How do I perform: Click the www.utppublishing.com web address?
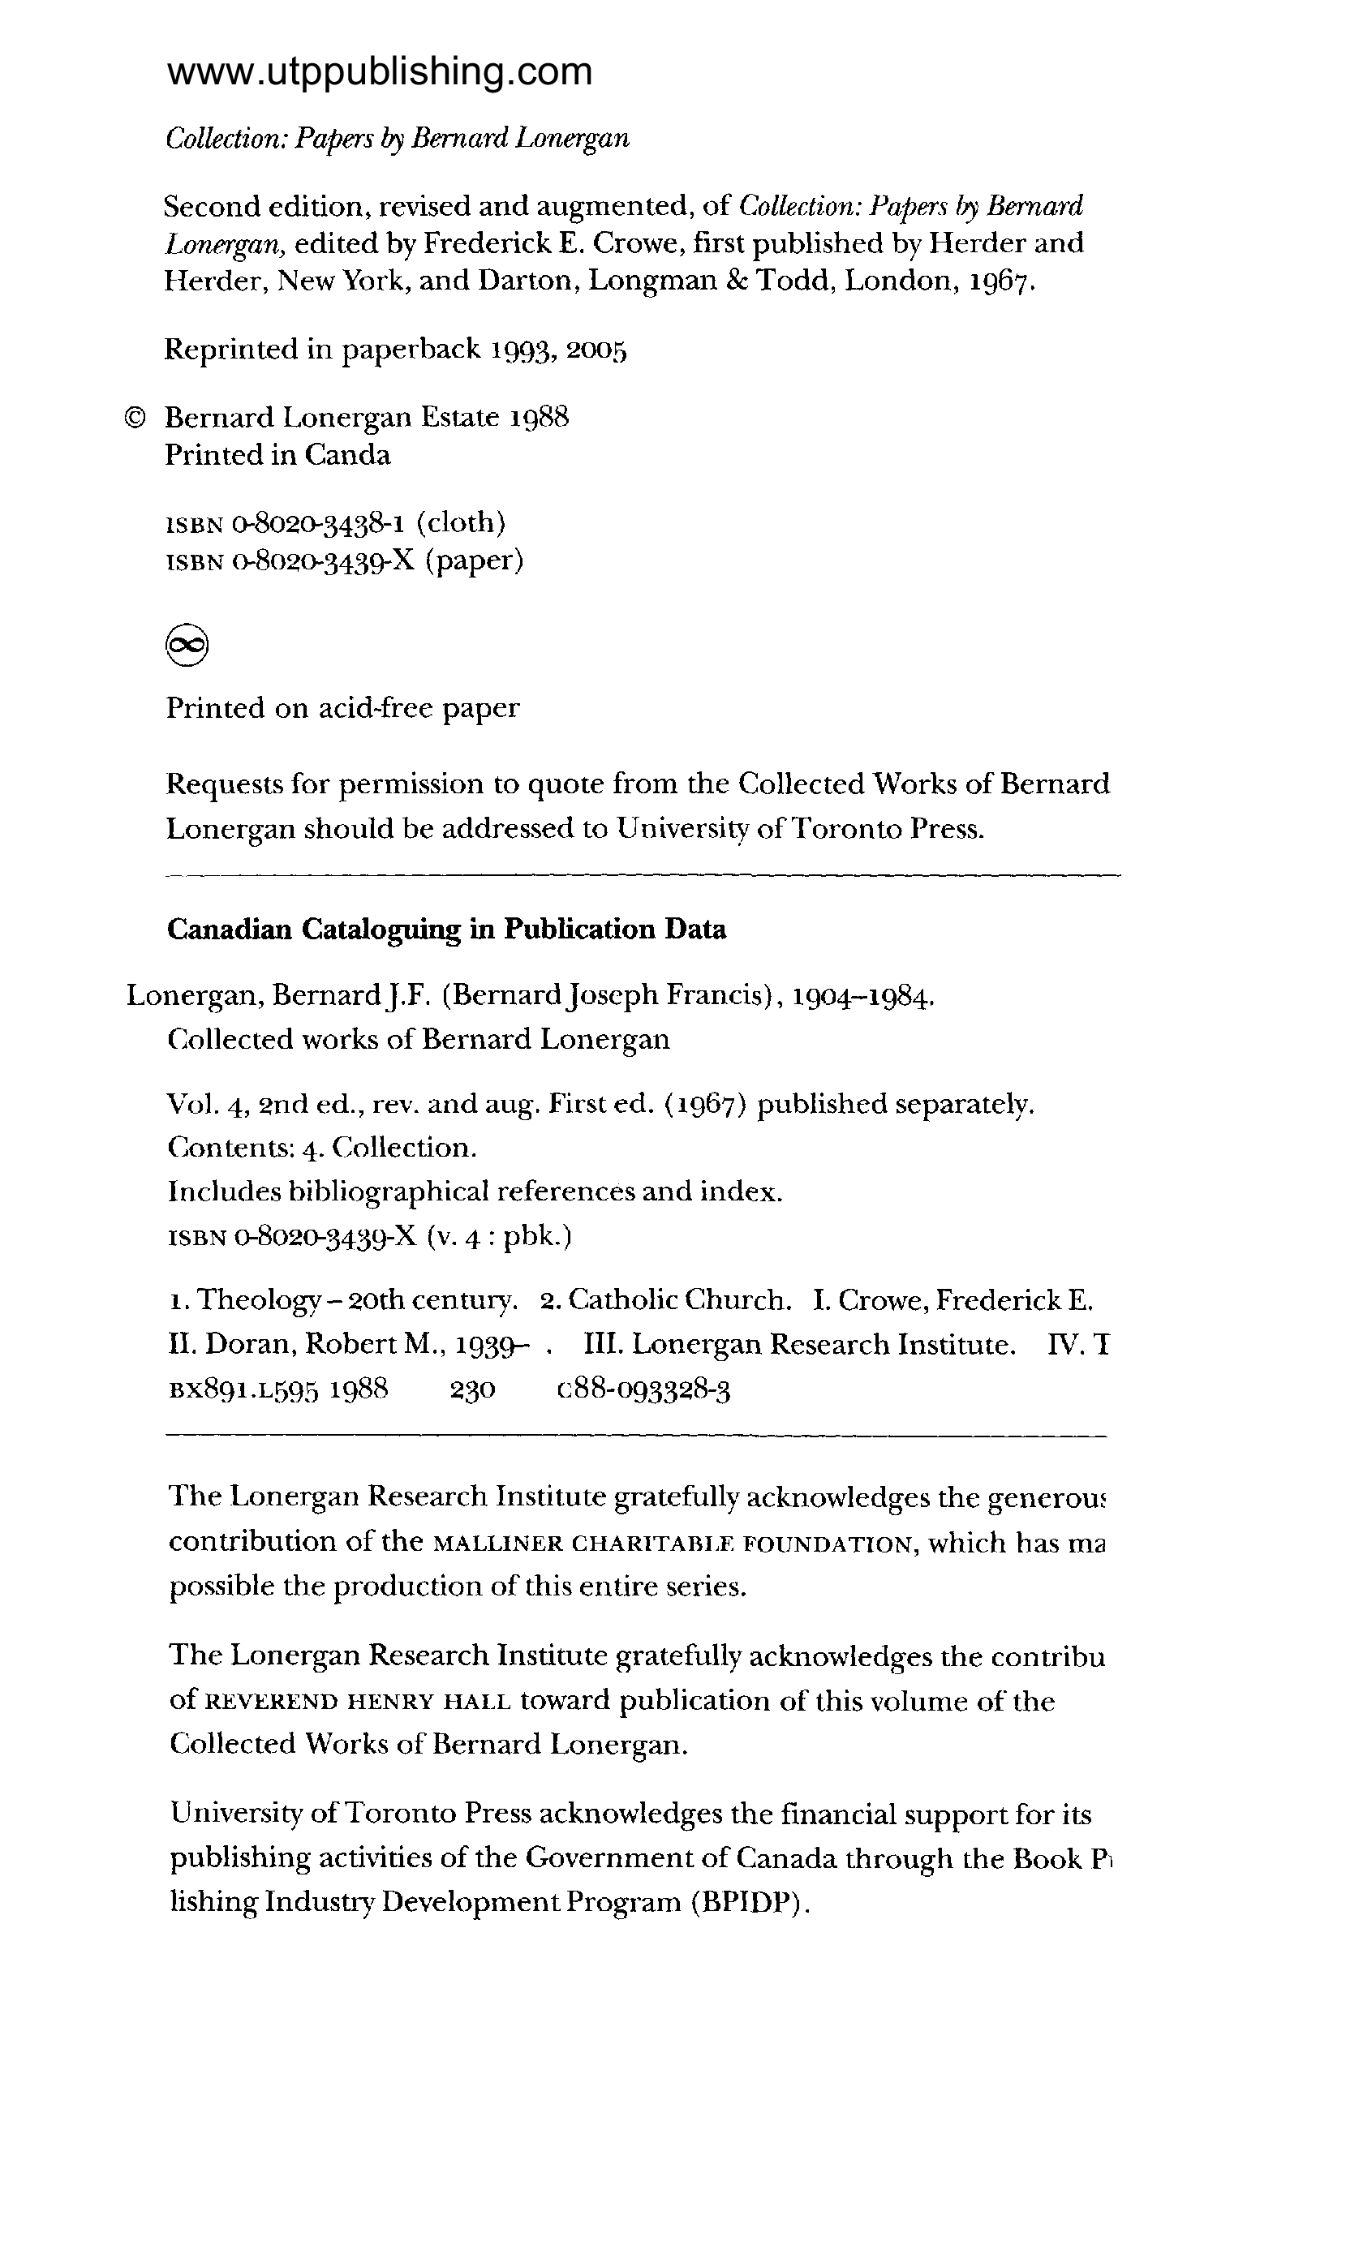tap(379, 71)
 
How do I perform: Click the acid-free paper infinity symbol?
tap(187, 645)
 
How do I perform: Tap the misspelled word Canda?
tap(347, 455)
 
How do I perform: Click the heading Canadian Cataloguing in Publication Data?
tap(446, 930)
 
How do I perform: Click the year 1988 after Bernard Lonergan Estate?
tap(539, 418)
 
